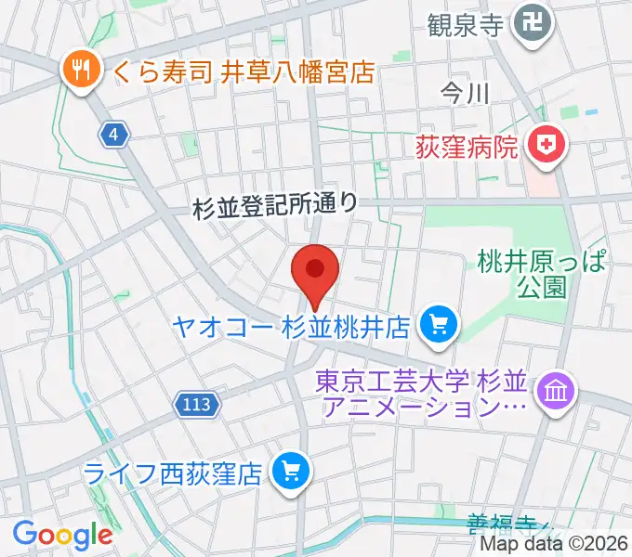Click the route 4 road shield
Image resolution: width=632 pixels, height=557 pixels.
[113, 135]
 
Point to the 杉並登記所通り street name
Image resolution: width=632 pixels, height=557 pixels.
[275, 205]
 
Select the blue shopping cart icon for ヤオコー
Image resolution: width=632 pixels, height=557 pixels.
[437, 326]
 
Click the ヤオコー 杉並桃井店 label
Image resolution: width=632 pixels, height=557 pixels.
[292, 327]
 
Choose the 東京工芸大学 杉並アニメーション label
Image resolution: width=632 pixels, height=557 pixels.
[423, 393]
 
